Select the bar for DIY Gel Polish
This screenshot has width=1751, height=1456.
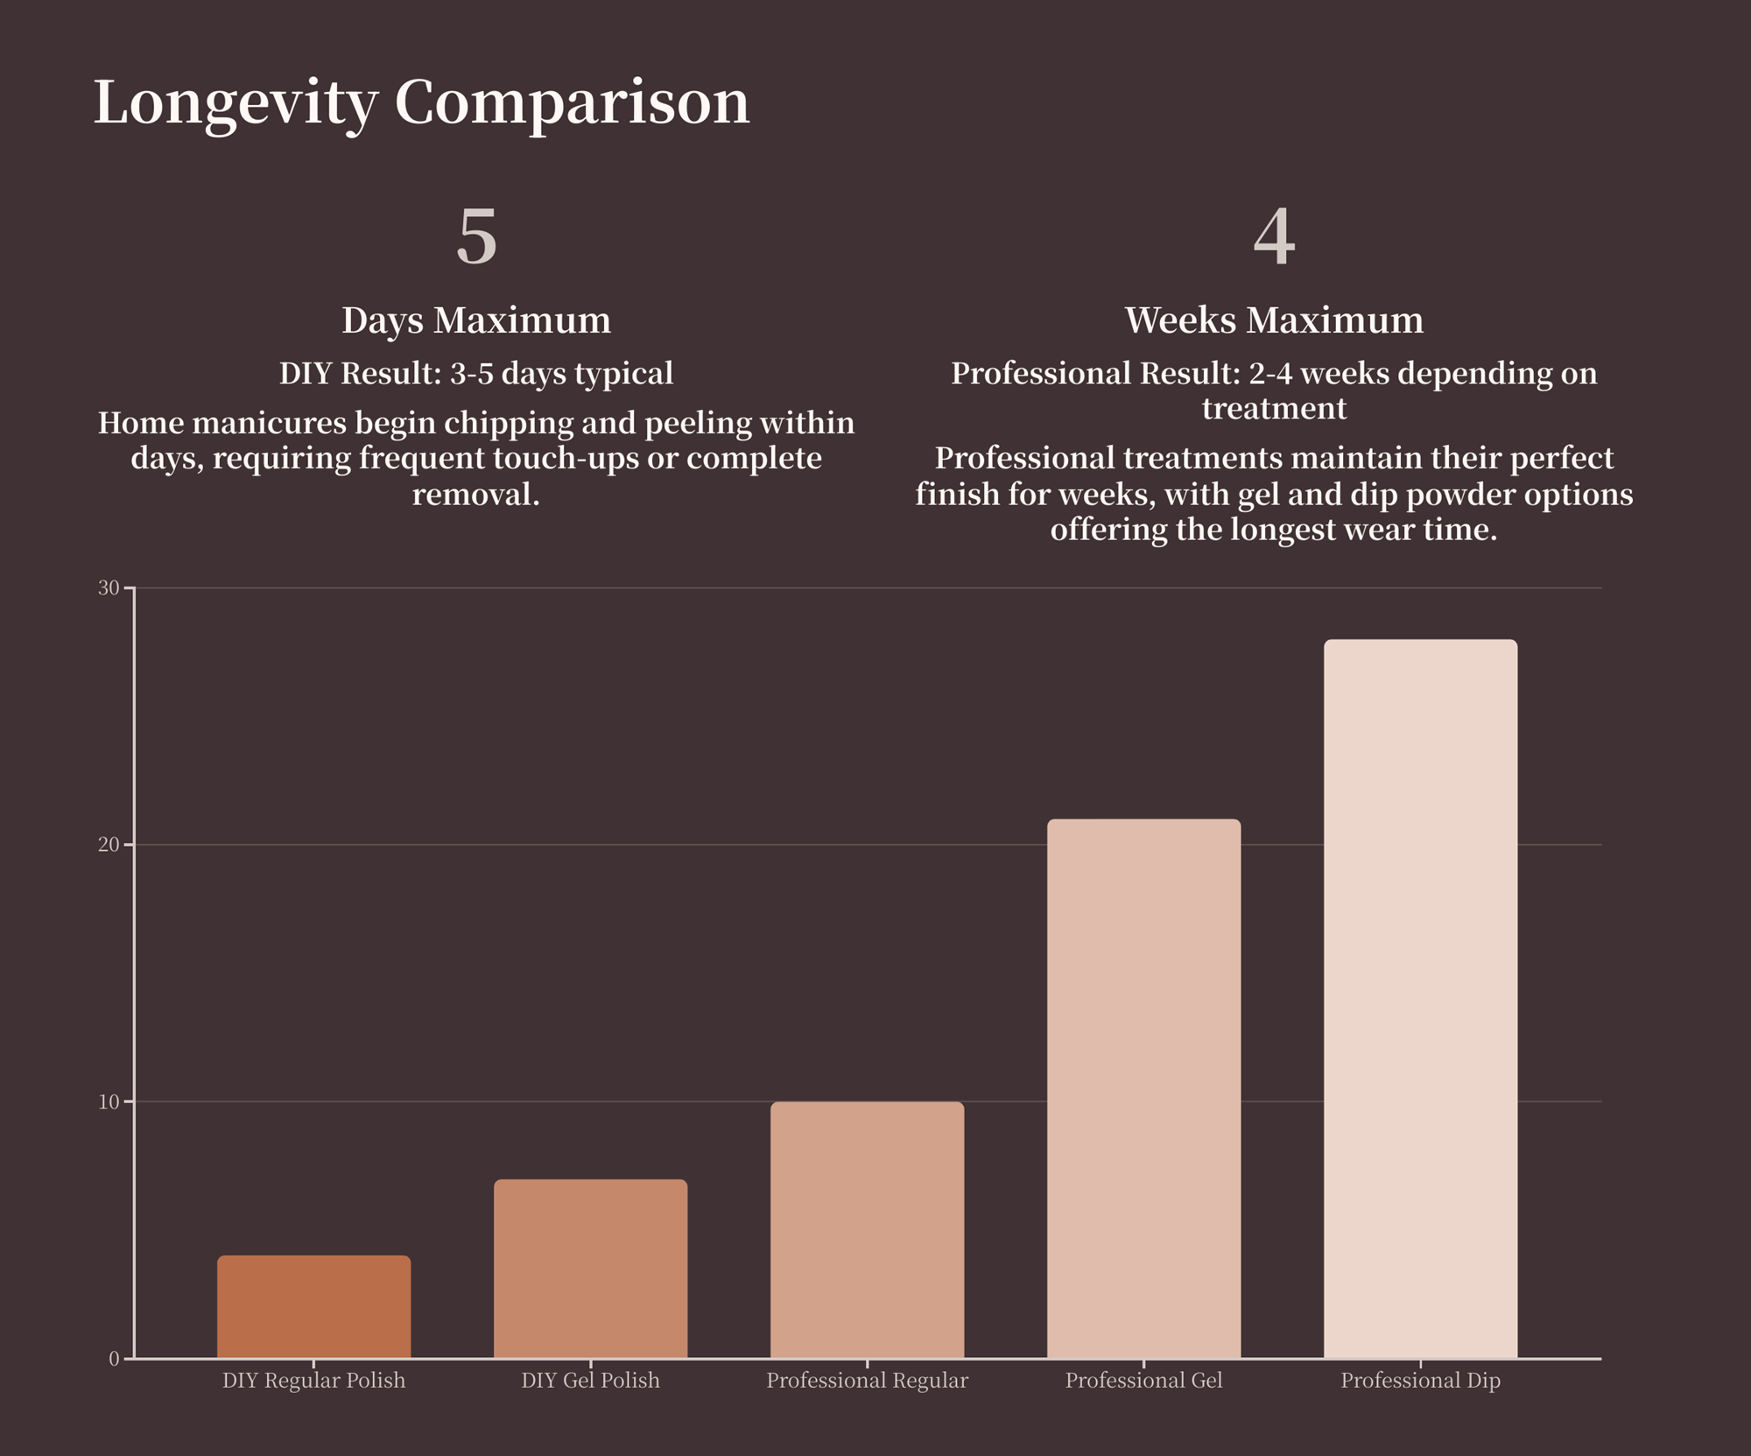590,1269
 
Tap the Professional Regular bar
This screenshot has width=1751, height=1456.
867,1230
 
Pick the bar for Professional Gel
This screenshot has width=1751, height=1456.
1143,1088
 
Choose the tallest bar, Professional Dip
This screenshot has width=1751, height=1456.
1420,998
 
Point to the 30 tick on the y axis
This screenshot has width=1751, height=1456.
109,588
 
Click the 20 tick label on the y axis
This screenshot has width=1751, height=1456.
109,845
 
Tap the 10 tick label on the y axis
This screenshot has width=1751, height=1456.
109,1102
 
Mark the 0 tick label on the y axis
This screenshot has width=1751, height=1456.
114,1360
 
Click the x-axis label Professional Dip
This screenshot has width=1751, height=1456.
1420,1381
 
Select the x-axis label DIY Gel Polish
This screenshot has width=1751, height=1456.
590,1381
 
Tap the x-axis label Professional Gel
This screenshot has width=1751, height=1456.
1143,1381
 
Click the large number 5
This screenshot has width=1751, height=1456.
476,237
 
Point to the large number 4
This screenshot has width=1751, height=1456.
1274,237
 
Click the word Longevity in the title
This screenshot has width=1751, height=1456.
235,103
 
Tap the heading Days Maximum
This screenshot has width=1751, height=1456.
476,320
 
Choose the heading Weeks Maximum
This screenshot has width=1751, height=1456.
1274,320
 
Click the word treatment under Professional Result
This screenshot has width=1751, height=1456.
1274,409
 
